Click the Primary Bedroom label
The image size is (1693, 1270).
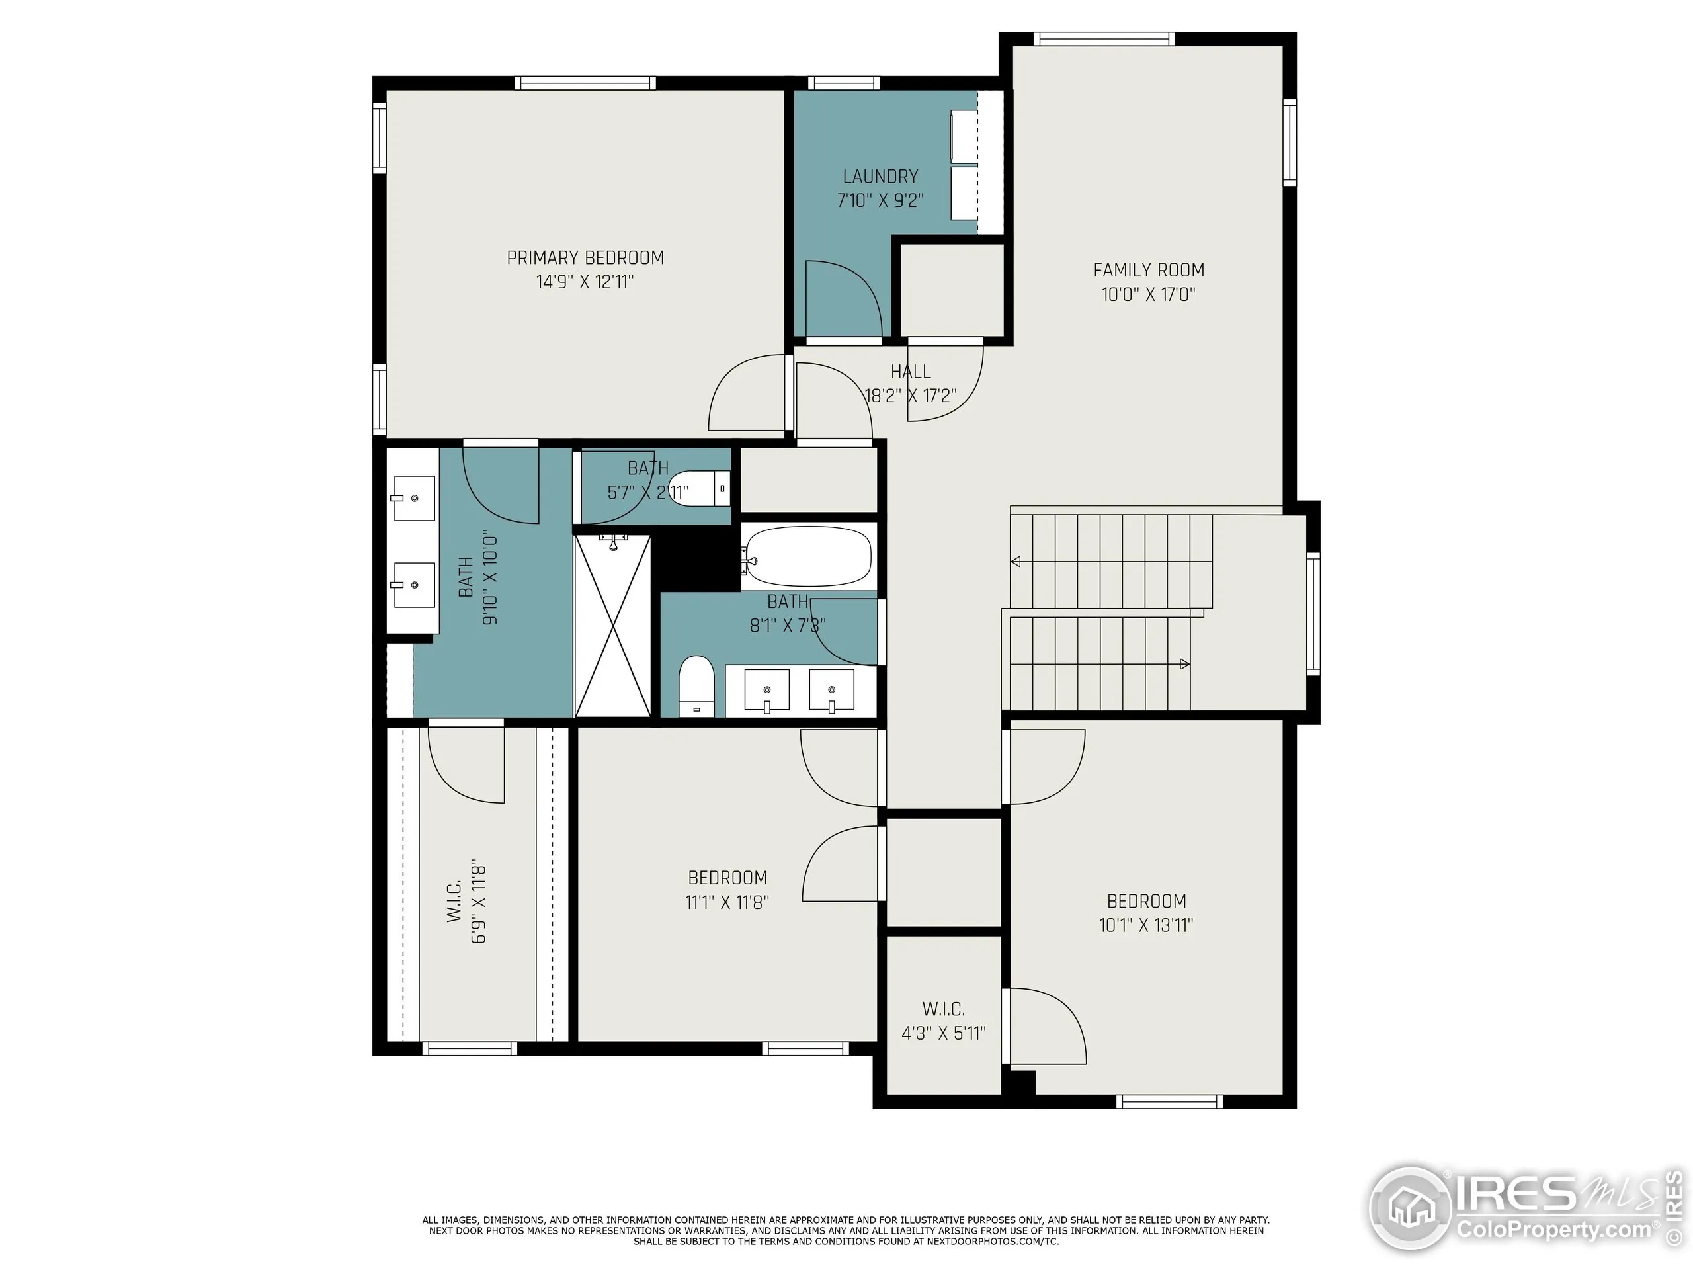pyautogui.click(x=585, y=258)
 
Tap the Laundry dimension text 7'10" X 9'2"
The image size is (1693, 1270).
pyautogui.click(x=880, y=201)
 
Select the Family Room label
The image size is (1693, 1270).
pyautogui.click(x=1148, y=271)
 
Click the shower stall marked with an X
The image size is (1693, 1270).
pyautogui.click(x=612, y=626)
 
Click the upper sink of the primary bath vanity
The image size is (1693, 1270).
pyautogui.click(x=413, y=498)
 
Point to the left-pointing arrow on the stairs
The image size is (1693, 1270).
pyautogui.click(x=1016, y=562)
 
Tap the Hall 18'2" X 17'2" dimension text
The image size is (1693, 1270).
pyautogui.click(x=911, y=396)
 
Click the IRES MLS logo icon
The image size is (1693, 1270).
pyautogui.click(x=1410, y=1208)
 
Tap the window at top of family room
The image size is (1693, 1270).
pyautogui.click(x=1103, y=39)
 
